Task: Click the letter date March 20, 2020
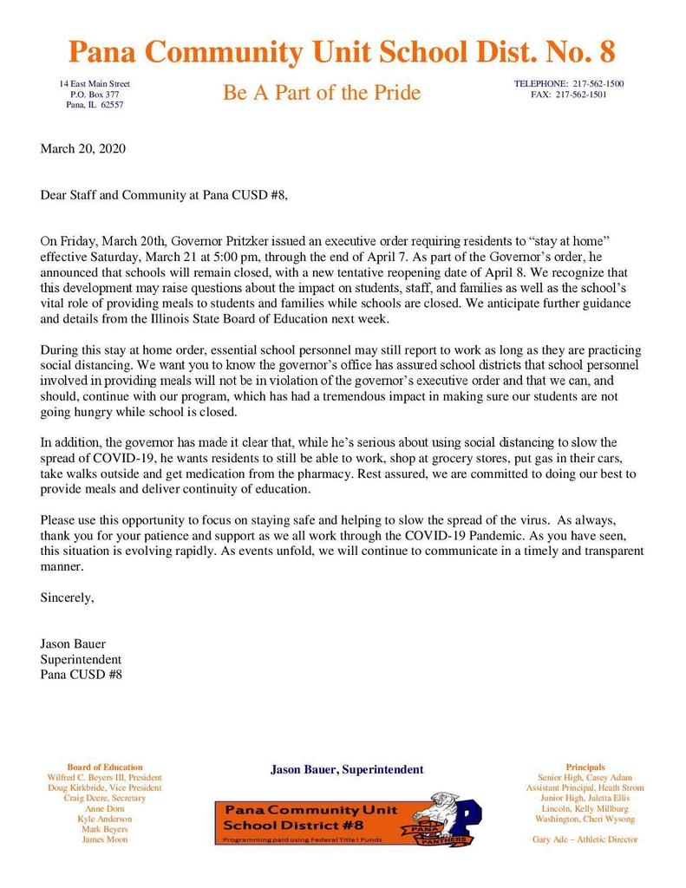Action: [x=83, y=148]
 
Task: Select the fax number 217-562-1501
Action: [x=581, y=95]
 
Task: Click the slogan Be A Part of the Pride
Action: [x=322, y=93]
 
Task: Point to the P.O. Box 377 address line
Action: [x=95, y=94]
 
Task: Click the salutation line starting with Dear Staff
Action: [x=163, y=195]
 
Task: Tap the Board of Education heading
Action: [x=105, y=767]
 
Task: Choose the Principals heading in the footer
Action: [x=585, y=767]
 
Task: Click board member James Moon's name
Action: [x=105, y=839]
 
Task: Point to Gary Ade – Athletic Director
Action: [x=585, y=839]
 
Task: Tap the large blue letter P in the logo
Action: [x=467, y=819]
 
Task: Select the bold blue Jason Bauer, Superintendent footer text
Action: [x=347, y=769]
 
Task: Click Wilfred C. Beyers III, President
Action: [x=105, y=778]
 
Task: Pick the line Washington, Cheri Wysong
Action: [x=585, y=819]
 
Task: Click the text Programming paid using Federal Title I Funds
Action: [x=303, y=841]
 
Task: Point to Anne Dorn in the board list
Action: [x=105, y=808]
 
